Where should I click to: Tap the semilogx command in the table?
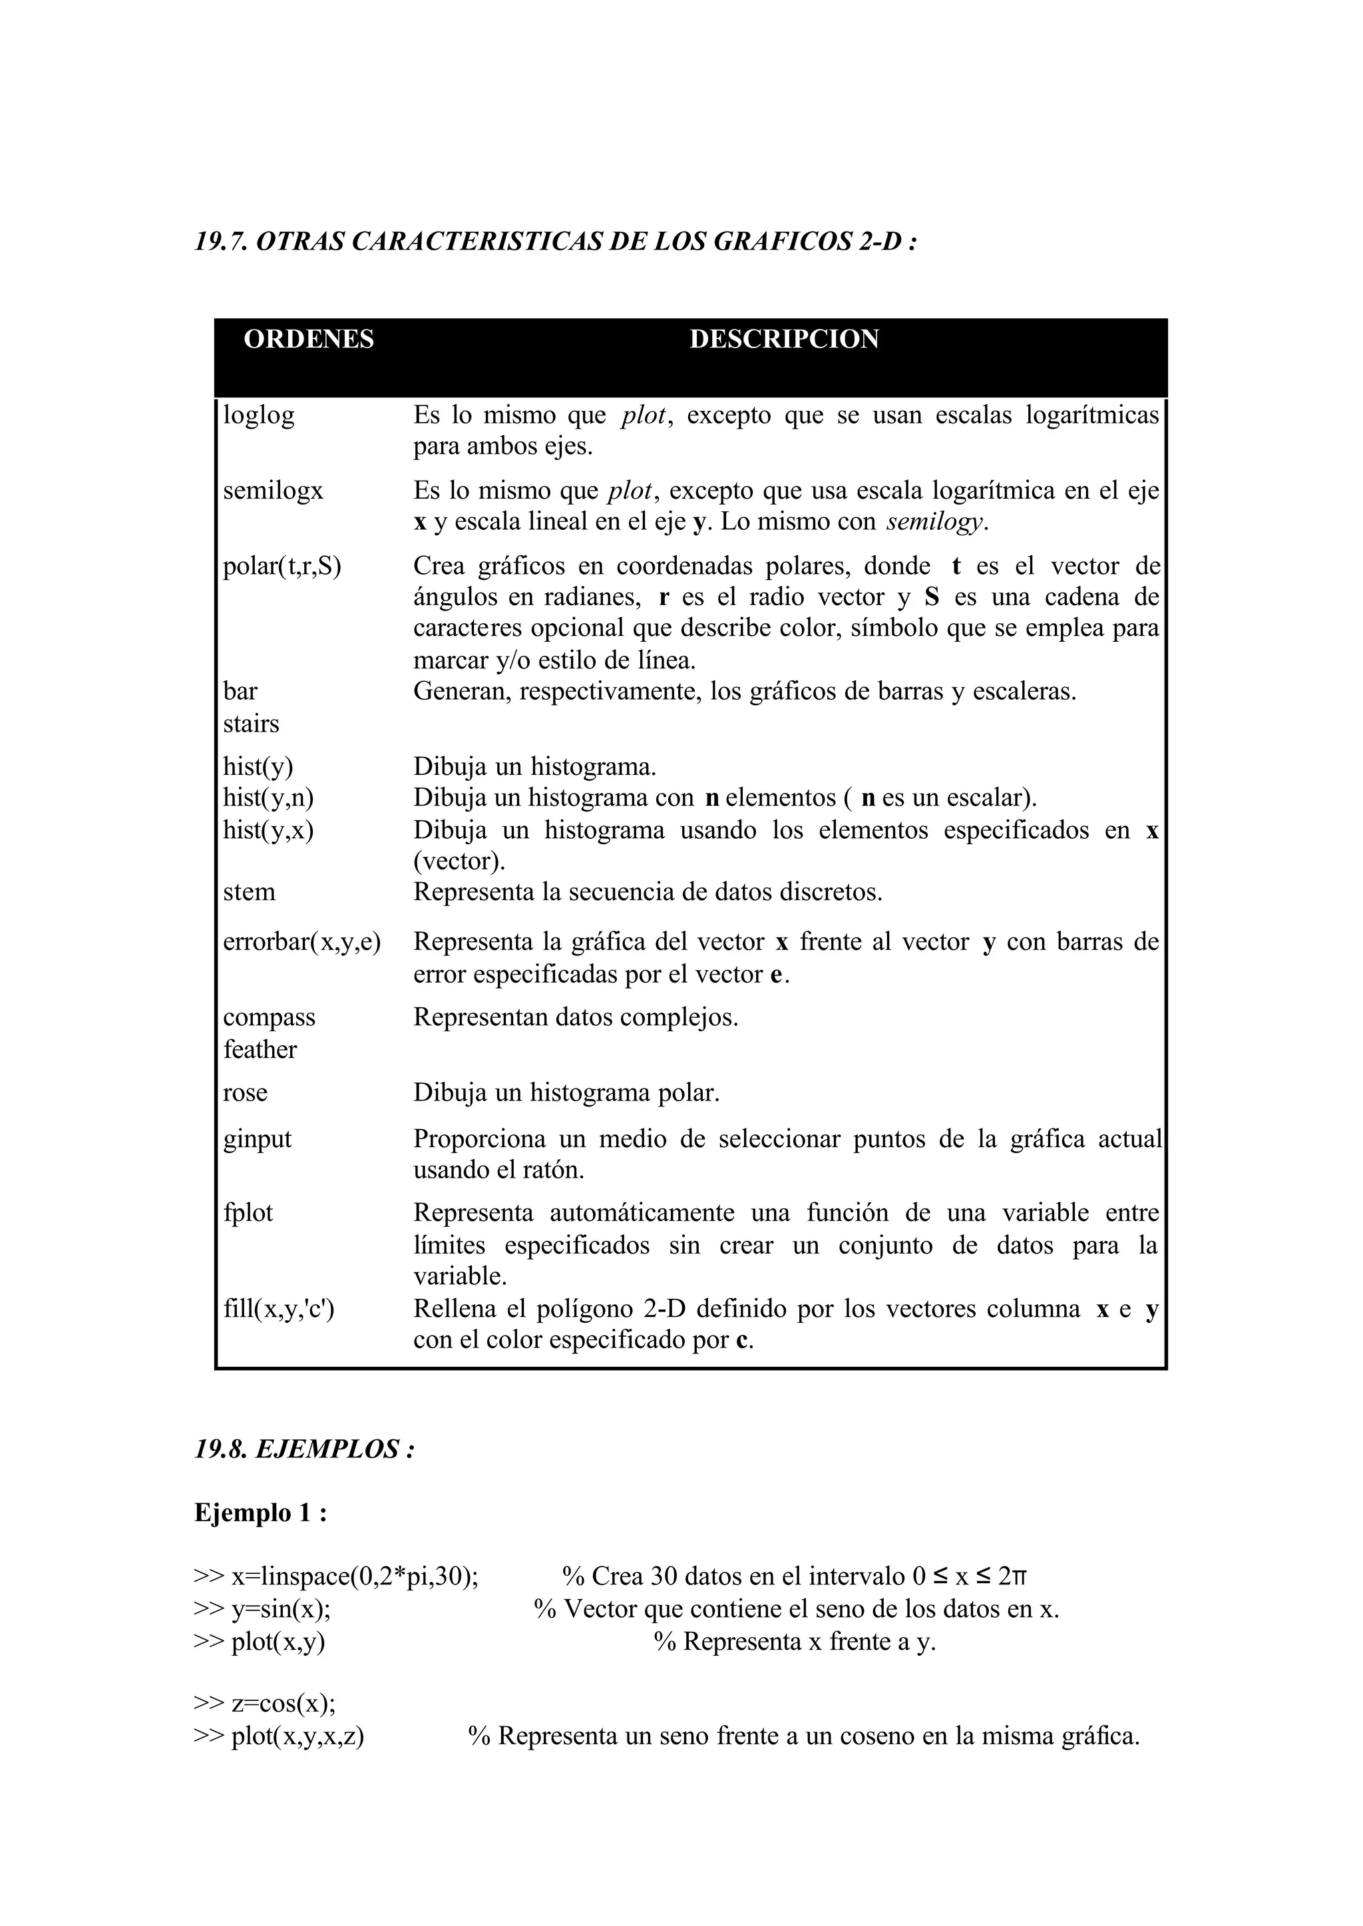(x=273, y=490)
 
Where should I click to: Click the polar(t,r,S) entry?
(x=282, y=566)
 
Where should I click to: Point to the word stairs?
(x=251, y=724)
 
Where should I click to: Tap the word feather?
(x=260, y=1049)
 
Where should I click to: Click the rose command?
(x=245, y=1093)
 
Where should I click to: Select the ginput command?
(x=257, y=1139)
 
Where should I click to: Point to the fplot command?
(x=248, y=1213)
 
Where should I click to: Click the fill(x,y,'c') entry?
(x=279, y=1309)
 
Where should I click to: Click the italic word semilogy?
(x=935, y=522)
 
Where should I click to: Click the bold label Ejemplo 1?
(x=260, y=1513)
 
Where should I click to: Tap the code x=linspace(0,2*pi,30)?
(x=353, y=1576)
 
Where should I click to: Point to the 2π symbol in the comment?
(x=1012, y=1576)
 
